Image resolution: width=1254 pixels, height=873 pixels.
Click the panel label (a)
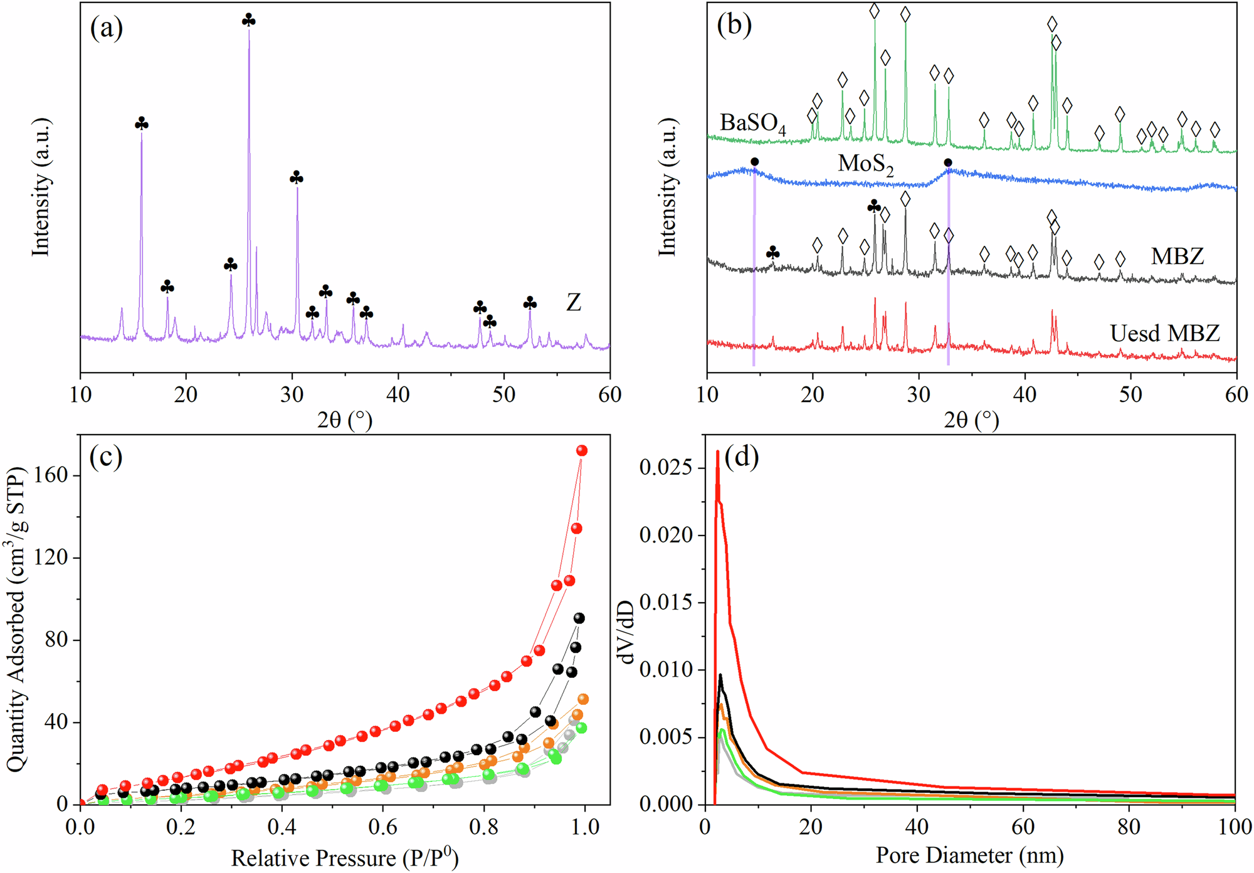point(106,29)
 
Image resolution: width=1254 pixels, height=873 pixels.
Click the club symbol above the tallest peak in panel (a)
point(249,20)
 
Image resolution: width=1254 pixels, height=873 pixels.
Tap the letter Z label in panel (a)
point(574,303)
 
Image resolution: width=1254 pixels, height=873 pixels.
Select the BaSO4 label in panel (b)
point(752,124)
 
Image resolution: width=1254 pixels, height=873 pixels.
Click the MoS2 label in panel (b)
point(866,164)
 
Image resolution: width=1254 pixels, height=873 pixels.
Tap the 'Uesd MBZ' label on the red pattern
point(1165,333)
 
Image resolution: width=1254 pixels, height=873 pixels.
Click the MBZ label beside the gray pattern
point(1178,256)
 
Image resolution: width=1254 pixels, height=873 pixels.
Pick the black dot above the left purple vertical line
point(754,162)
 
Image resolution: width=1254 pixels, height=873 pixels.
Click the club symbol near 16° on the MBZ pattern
point(773,253)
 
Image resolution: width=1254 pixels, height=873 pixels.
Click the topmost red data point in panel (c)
point(582,450)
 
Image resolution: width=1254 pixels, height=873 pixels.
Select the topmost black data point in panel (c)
point(579,618)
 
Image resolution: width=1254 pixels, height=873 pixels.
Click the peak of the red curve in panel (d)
point(718,452)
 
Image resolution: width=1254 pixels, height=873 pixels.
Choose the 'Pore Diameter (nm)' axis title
point(970,855)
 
